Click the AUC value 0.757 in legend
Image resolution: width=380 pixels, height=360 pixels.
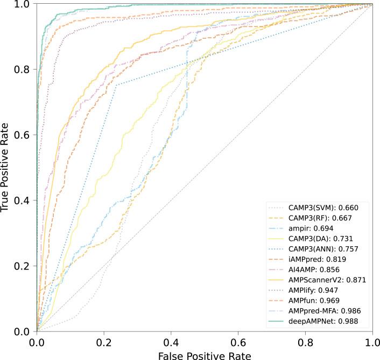click(348, 249)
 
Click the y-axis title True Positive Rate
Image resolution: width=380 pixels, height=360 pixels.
click(6, 166)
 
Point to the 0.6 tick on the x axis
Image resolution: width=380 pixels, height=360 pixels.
click(238, 342)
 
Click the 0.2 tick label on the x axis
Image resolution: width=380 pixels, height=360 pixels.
click(104, 342)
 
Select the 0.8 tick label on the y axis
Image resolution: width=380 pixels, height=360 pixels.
click(22, 70)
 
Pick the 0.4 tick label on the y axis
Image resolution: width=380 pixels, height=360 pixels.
click(22, 200)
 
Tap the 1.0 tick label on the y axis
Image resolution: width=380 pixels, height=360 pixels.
click(22, 4)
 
